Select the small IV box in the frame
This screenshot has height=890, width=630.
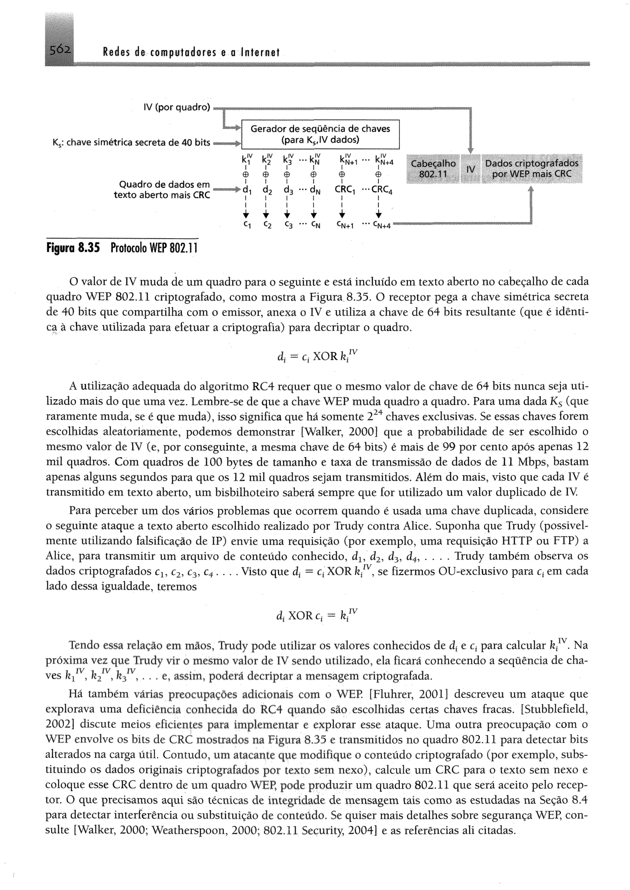[471, 169]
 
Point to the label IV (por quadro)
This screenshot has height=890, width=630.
[177, 107]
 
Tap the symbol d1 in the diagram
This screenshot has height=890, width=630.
[246, 190]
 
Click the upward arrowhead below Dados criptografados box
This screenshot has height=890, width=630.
[531, 189]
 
